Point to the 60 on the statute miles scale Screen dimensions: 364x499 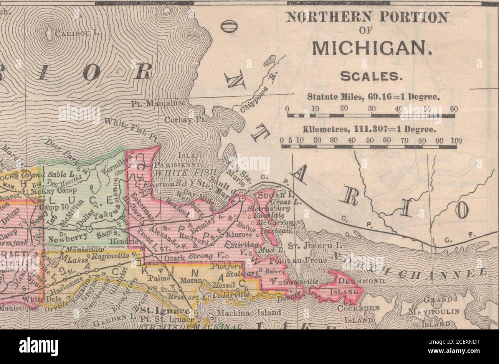(454, 109)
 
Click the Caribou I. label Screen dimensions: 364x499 (77, 33)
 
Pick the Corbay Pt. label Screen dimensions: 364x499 (185, 120)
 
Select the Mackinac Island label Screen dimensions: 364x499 (248, 313)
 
